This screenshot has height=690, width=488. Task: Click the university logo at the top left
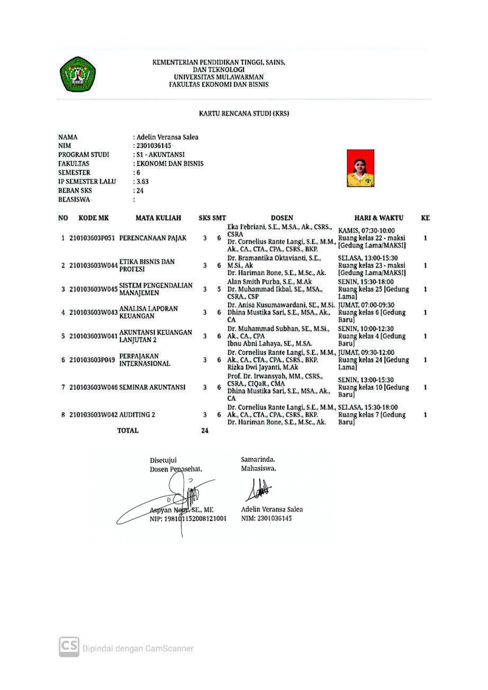tap(77, 74)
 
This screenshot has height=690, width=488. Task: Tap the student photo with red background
tap(360, 168)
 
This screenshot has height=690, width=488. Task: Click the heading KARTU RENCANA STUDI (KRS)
tap(244, 114)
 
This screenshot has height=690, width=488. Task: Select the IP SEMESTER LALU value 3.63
tap(142, 182)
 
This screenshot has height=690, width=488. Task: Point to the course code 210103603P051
tap(92, 238)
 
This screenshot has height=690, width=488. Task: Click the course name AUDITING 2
tap(137, 415)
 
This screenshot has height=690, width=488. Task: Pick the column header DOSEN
tap(282, 218)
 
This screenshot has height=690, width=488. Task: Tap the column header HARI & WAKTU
tap(378, 218)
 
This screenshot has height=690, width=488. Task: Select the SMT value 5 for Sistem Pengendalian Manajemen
tap(219, 289)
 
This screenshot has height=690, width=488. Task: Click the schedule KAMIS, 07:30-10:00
tap(366, 231)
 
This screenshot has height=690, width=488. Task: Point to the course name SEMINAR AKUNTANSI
tap(152, 387)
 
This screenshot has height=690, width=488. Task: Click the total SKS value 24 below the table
tap(205, 431)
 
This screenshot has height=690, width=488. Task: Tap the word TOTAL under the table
tap(128, 431)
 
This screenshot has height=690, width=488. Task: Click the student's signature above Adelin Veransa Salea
tap(258, 489)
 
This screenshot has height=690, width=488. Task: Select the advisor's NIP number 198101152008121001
tap(188, 519)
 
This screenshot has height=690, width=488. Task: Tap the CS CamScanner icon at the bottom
tap(69, 647)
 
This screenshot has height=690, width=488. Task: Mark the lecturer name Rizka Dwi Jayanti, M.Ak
tap(263, 367)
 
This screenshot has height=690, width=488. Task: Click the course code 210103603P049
tap(92, 360)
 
